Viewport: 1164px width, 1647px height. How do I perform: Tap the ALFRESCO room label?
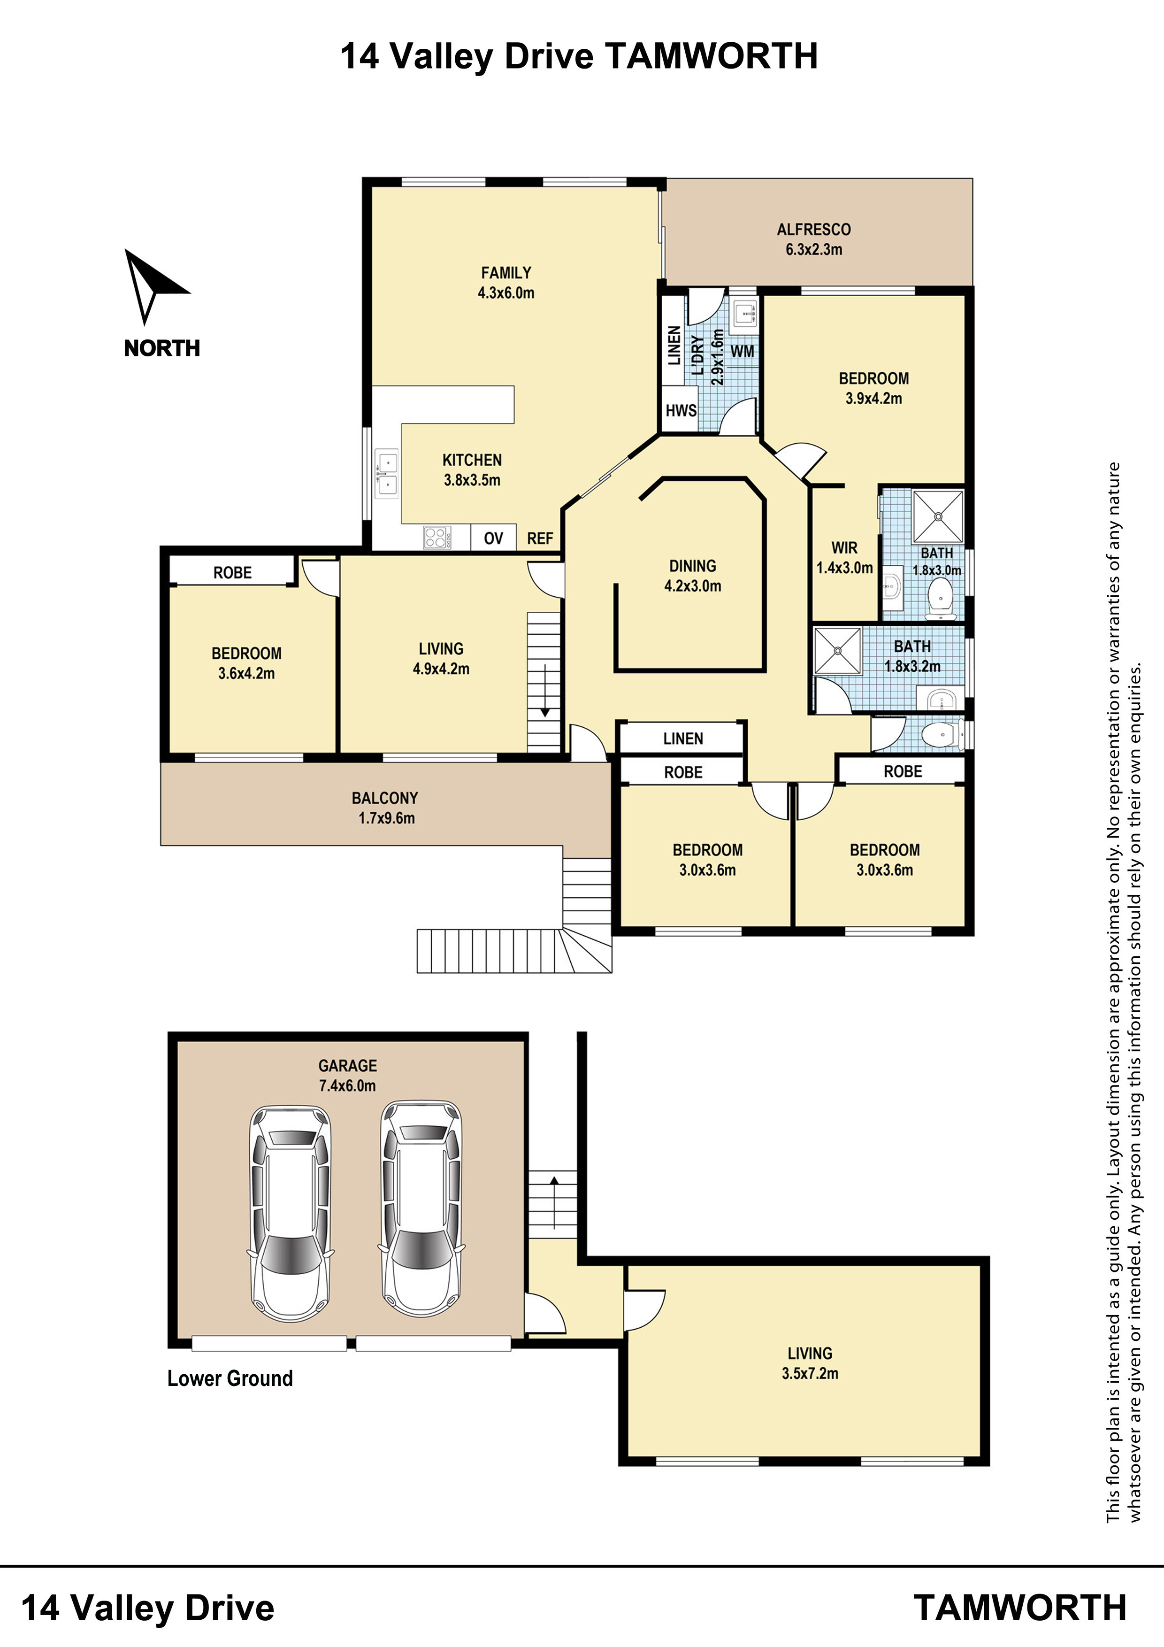pyautogui.click(x=813, y=230)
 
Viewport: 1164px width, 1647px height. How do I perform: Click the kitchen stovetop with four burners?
pyautogui.click(x=437, y=537)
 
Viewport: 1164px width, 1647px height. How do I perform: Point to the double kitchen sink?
pyautogui.click(x=387, y=474)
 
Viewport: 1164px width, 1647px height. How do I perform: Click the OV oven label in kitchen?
pyautogui.click(x=493, y=538)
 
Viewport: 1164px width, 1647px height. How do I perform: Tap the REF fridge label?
pyautogui.click(x=540, y=538)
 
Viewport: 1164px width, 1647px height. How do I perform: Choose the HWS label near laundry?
pyautogui.click(x=681, y=410)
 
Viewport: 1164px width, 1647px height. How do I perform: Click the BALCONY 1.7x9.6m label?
pyautogui.click(x=386, y=808)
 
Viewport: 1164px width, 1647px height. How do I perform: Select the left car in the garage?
pyautogui.click(x=291, y=1212)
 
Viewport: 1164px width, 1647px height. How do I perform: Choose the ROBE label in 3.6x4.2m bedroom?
pyautogui.click(x=232, y=572)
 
